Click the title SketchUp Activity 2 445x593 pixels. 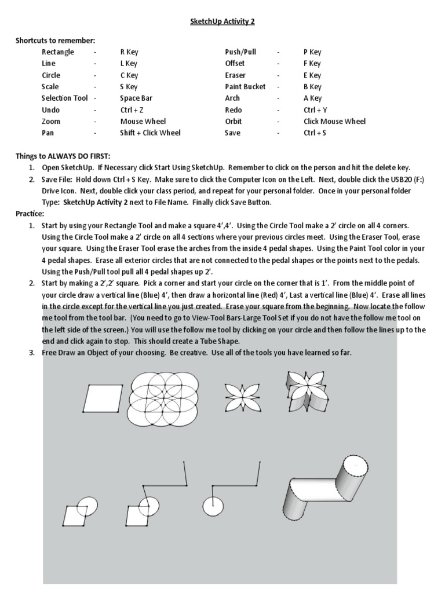pyautogui.click(x=222, y=21)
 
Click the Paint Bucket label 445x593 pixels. pyautogui.click(x=245, y=87)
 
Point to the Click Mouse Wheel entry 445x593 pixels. pyautogui.click(x=334, y=122)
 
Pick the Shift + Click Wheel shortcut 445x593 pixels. pyautogui.click(x=150, y=133)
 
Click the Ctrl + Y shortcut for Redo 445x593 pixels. pyautogui.click(x=315, y=110)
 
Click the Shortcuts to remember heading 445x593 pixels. pyautogui.click(x=55, y=41)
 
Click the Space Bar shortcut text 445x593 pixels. pyautogui.click(x=136, y=98)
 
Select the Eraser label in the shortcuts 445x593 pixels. pyautogui.click(x=235, y=75)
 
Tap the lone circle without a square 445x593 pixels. pyautogui.click(x=213, y=506)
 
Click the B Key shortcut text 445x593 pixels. pyautogui.click(x=312, y=87)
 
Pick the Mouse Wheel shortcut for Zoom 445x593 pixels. pyautogui.click(x=143, y=122)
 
